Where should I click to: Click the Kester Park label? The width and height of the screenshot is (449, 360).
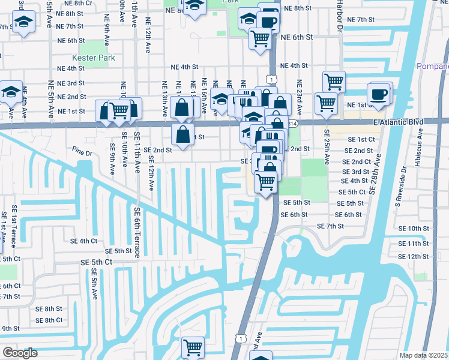coord(89,58)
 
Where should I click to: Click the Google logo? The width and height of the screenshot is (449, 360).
coord(19,353)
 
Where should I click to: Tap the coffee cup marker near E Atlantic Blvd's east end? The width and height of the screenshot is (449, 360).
coord(378,94)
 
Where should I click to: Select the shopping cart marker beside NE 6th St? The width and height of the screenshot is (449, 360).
coord(260,38)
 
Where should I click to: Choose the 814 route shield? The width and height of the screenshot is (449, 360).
coord(292,123)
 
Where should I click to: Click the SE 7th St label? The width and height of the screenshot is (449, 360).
coord(330,226)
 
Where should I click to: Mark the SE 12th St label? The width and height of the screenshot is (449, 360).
coord(414,256)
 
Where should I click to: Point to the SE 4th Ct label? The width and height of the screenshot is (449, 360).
coord(83,241)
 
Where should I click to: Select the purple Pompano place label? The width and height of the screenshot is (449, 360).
coord(433,65)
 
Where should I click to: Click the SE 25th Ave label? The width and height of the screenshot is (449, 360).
coord(327,147)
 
